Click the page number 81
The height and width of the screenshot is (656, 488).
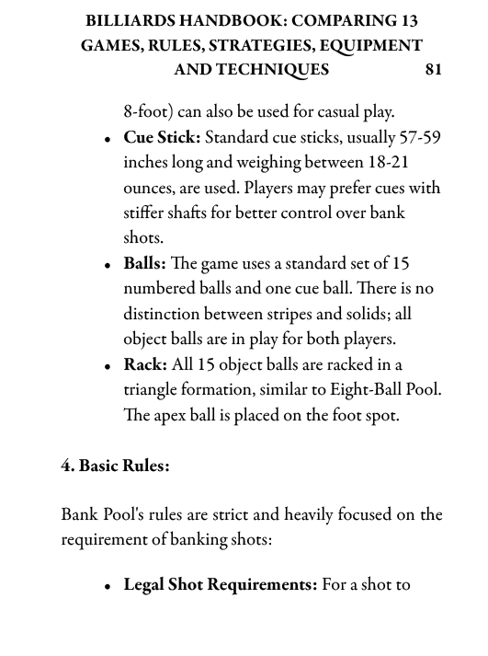(433, 70)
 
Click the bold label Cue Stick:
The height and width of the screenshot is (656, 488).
(162, 138)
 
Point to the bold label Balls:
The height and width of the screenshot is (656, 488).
(145, 264)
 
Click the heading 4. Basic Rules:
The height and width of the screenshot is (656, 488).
(115, 466)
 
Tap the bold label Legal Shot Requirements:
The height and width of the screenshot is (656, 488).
(221, 585)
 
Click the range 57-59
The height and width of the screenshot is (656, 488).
(420, 138)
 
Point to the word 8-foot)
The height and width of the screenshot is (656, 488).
(148, 112)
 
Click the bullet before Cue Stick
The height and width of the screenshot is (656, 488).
(108, 141)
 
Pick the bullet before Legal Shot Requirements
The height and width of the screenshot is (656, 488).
(108, 588)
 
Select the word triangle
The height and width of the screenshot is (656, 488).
(153, 390)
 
